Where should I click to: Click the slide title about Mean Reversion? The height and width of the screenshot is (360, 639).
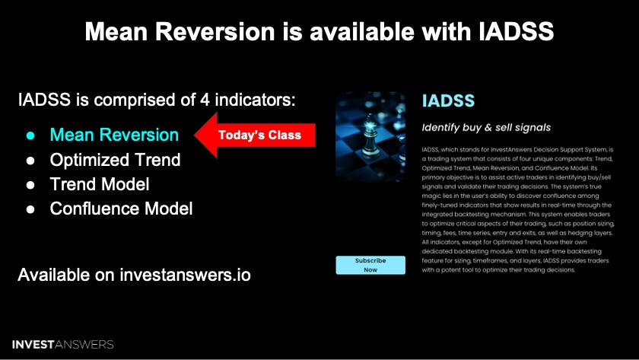319,31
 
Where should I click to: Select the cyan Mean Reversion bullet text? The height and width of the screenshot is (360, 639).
114,135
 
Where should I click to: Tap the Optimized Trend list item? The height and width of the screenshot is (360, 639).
115,160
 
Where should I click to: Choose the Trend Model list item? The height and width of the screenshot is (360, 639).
99,184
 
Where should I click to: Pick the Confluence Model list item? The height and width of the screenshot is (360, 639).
121,209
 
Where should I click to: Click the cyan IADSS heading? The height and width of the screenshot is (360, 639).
448,100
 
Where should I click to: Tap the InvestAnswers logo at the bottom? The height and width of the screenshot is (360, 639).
63,344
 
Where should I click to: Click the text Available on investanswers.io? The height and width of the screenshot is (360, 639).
134,274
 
